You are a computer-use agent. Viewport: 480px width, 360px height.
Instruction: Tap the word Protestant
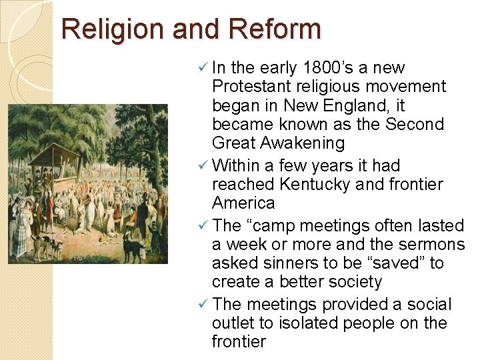[255, 87]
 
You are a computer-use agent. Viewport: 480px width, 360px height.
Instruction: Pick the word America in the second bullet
[243, 203]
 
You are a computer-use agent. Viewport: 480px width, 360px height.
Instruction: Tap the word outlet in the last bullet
[236, 323]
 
